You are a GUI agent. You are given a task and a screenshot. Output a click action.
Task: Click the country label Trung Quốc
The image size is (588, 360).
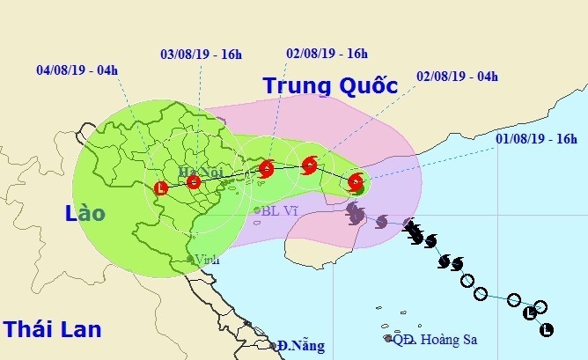[330, 85]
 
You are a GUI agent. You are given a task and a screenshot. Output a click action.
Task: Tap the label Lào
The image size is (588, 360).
[85, 213]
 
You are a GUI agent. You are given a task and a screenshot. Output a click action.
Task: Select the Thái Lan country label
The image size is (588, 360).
[51, 329]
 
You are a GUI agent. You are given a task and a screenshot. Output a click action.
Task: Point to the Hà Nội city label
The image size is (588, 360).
[195, 171]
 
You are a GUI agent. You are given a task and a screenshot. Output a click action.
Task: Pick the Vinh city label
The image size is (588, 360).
[208, 260]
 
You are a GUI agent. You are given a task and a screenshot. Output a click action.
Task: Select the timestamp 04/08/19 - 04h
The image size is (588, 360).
[77, 69]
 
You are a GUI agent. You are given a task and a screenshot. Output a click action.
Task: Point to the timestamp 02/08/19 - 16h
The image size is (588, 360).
[327, 53]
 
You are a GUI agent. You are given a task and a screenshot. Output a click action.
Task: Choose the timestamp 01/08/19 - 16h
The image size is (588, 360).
[535, 138]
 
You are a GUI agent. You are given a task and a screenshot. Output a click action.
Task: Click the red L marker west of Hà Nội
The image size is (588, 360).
[160, 187]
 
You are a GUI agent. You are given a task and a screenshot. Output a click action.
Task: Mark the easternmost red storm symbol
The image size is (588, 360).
[355, 182]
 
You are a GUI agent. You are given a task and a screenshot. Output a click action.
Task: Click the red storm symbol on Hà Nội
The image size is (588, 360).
[194, 183]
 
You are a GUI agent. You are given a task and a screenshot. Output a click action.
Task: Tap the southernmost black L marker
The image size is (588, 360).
[546, 330]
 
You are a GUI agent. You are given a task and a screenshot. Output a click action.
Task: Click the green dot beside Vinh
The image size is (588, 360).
[191, 261]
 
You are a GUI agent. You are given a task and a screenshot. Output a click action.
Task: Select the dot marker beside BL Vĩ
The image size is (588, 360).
[256, 210]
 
